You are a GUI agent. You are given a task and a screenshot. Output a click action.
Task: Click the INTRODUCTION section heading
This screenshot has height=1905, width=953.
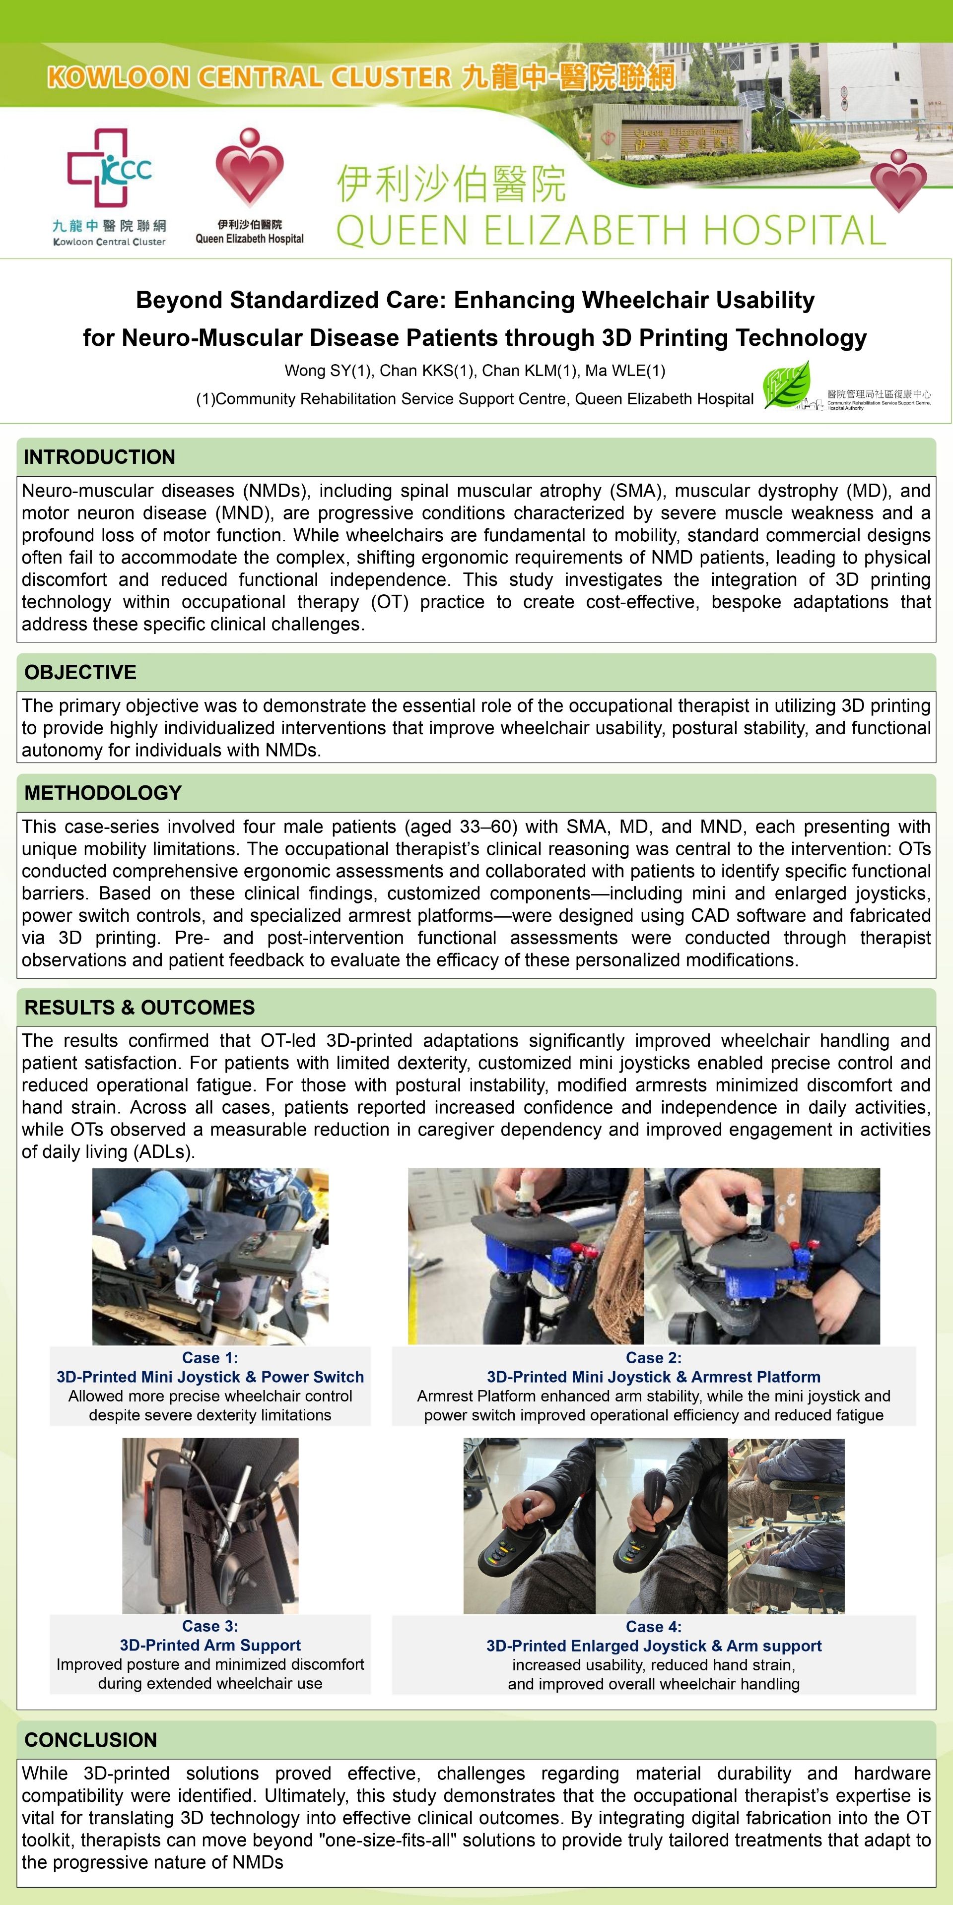click(99, 457)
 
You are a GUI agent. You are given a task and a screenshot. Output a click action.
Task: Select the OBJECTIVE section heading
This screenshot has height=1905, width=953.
click(80, 672)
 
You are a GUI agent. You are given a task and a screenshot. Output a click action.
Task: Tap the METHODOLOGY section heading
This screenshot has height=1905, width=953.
click(103, 793)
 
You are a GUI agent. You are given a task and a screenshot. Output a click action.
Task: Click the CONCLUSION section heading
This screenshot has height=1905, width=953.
click(90, 1739)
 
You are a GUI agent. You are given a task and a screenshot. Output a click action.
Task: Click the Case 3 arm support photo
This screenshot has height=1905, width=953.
click(210, 1525)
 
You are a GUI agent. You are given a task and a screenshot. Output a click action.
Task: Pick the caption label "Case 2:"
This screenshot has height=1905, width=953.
click(653, 1358)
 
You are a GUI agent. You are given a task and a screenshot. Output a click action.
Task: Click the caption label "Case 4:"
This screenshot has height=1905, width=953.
click(653, 1626)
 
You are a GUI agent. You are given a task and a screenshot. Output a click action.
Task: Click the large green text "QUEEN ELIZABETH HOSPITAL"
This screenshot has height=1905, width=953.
click(611, 230)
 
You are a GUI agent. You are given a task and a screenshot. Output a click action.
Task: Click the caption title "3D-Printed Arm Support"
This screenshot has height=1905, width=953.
click(210, 1646)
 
